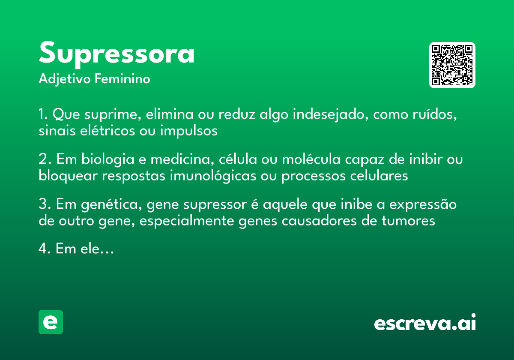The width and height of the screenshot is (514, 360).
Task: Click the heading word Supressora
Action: coord(117,54)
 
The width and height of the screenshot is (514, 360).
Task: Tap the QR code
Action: coord(452,65)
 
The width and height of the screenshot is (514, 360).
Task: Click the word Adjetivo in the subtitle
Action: coord(65,79)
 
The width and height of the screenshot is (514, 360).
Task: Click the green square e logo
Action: coord(51,322)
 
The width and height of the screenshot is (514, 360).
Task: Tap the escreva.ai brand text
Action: coord(425,323)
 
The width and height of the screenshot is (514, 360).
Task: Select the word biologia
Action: coord(104,160)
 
